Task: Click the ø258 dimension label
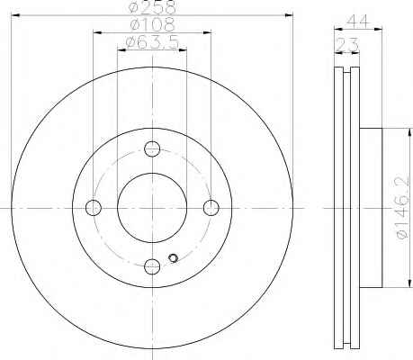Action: point(152,7)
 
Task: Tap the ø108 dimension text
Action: point(152,24)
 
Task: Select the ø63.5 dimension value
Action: point(153,42)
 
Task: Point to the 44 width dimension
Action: point(357,22)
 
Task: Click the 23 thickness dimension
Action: point(347,45)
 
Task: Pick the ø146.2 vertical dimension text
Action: point(402,207)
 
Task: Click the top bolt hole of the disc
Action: point(152,148)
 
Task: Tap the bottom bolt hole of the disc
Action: point(152,266)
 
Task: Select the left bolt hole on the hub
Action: point(94,208)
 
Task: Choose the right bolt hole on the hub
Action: point(211,208)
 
